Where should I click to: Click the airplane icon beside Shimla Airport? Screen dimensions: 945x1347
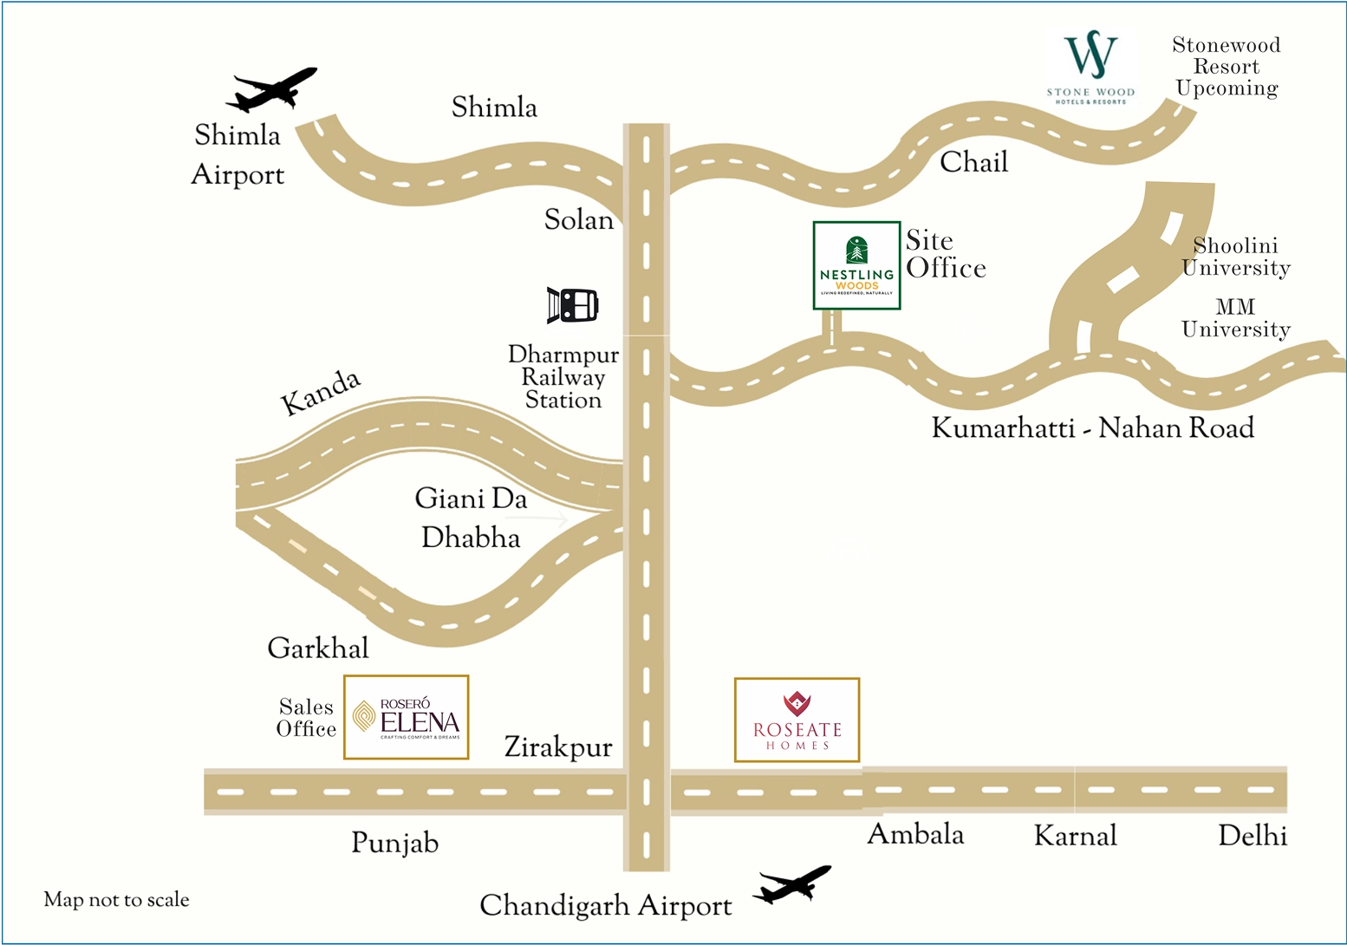point(271,90)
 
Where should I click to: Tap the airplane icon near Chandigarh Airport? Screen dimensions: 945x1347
point(791,885)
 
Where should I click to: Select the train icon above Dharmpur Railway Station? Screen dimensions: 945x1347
point(573,305)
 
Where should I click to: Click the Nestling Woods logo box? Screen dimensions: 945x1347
point(856,265)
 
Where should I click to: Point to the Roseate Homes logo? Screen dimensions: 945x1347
point(797,720)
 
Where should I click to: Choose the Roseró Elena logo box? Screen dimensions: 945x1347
point(407,717)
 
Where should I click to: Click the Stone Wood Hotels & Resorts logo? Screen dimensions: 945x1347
point(1090,68)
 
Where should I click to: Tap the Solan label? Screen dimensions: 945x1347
point(578,220)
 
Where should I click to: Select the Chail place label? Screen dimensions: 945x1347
point(973,162)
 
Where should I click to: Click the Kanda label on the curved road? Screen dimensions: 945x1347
point(320,392)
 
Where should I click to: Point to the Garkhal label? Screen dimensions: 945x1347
point(318,648)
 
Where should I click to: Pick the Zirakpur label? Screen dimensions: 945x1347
point(558,747)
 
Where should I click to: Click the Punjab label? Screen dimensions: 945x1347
point(394,843)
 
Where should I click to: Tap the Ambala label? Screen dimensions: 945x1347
point(915,835)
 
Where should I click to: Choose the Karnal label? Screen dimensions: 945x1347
point(1075,836)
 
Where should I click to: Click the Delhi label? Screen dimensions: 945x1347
point(1252,836)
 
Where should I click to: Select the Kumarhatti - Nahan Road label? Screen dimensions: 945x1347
point(1092,428)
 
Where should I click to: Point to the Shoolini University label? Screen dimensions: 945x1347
point(1236,257)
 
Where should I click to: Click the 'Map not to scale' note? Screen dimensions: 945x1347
point(116,900)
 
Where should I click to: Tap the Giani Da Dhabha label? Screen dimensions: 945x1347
point(471,518)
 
